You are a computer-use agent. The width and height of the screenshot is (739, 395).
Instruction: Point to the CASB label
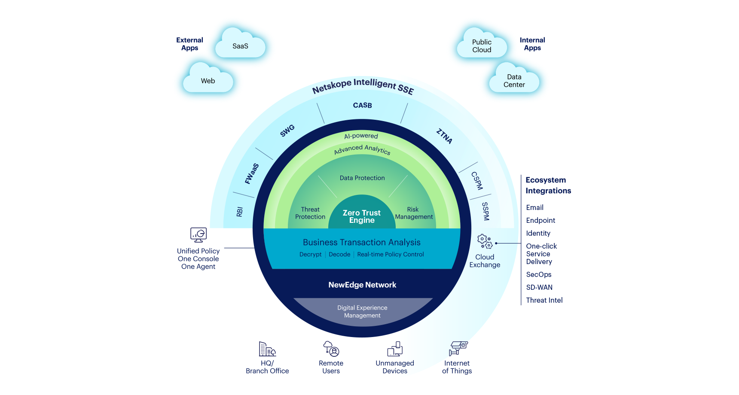coord(362,105)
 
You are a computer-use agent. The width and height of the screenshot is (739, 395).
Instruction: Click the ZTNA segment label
coord(444,136)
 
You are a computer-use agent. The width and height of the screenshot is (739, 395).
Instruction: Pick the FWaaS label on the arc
coord(252,173)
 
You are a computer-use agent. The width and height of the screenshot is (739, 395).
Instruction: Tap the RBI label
coord(240,212)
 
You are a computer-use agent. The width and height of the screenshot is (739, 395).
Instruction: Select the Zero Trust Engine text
coord(362,216)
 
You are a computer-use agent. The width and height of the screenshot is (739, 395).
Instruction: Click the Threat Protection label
coord(310,213)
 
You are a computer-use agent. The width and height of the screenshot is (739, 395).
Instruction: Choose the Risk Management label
coord(414,213)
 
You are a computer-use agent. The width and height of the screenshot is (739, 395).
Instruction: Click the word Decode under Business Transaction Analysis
coord(339,254)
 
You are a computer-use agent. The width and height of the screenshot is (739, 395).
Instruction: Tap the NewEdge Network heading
coord(362,285)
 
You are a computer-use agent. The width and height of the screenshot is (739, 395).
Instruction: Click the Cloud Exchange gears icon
coord(485,241)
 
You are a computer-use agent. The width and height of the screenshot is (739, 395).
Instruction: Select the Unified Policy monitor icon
coord(198,235)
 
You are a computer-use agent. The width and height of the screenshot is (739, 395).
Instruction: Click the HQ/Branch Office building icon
coord(267,349)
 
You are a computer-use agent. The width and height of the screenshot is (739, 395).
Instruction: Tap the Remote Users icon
coord(331,349)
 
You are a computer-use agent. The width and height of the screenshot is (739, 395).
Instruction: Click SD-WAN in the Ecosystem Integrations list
coord(539,287)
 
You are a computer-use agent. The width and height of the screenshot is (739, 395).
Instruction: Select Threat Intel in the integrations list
coord(544,300)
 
